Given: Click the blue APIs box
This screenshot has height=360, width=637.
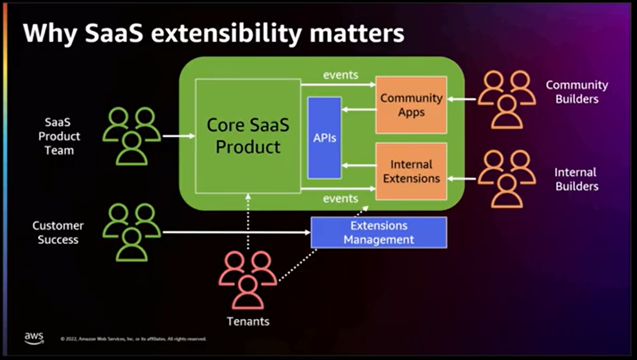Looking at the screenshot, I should coord(324,138).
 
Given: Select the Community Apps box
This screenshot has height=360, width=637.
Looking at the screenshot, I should coord(411,105).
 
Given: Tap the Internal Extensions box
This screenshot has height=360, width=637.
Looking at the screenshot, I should coord(411,171).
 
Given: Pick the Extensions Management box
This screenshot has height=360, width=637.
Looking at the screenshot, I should coord(379,232).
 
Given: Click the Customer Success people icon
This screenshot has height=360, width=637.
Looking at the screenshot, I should coord(132,232).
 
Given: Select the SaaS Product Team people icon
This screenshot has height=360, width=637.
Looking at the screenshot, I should coord(132,136).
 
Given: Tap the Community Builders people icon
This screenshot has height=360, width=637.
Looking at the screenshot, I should coord(507,99).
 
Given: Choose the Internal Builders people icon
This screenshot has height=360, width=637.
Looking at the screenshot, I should coord(507,178).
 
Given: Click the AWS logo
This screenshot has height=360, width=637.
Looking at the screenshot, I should coord(34,337).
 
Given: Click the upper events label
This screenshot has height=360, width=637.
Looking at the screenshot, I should coord(341,75).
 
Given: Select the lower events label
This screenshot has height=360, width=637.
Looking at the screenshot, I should coord(341,198).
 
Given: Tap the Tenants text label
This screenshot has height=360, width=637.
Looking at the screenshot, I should coord(248,321).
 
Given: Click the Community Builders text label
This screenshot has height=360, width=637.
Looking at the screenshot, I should coord(577,92).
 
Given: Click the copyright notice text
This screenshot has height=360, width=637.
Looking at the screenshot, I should coord(133,339).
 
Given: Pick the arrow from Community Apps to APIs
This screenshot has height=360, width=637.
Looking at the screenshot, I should coord(359,109).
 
